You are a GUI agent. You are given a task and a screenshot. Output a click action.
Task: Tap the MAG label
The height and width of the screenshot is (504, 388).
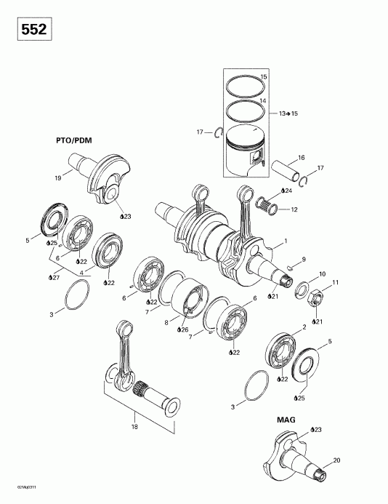[286, 420]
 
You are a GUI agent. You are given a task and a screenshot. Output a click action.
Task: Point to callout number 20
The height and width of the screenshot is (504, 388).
[336, 460]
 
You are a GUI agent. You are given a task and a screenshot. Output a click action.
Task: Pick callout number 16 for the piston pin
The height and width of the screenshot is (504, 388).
[301, 157]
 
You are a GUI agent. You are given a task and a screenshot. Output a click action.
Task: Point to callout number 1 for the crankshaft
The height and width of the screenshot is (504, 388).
[286, 241]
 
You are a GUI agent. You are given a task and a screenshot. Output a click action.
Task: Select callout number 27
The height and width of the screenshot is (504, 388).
[52, 278]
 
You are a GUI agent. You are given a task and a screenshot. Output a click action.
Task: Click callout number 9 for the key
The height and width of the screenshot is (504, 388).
[304, 259]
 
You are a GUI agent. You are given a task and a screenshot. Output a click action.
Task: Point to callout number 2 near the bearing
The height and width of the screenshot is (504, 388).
[304, 328]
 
